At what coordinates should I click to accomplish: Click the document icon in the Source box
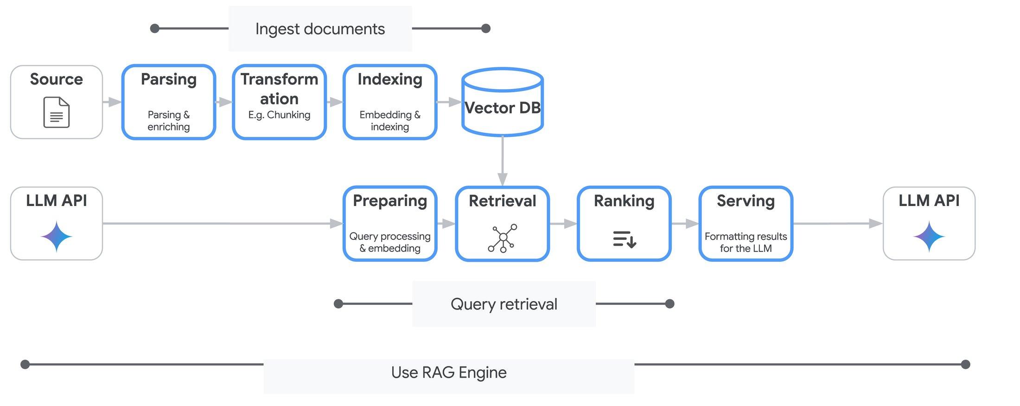tap(56, 112)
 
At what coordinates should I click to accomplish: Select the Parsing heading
tap(169, 79)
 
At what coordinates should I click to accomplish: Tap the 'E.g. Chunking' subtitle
tap(279, 115)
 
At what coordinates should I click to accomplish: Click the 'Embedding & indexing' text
tap(390, 121)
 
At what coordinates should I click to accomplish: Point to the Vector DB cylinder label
tap(503, 108)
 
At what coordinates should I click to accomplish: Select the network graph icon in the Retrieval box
tap(503, 238)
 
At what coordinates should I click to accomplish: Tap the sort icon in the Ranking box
tap(624, 239)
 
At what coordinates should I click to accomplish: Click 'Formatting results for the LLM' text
tap(746, 242)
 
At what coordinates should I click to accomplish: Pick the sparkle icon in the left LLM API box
tap(56, 237)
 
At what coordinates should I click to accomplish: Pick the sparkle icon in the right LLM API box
tap(929, 237)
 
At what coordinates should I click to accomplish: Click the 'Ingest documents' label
tap(320, 29)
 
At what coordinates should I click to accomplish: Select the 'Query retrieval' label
tap(504, 304)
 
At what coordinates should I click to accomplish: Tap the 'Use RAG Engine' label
tap(448, 373)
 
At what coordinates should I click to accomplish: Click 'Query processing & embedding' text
tap(390, 242)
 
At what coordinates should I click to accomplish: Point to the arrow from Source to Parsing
tap(112, 102)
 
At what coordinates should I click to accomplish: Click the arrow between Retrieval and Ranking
tap(563, 224)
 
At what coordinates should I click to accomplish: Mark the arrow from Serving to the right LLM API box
tap(837, 224)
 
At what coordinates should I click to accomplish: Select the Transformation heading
tap(279, 89)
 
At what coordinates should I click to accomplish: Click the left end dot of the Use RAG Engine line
tap(25, 364)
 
